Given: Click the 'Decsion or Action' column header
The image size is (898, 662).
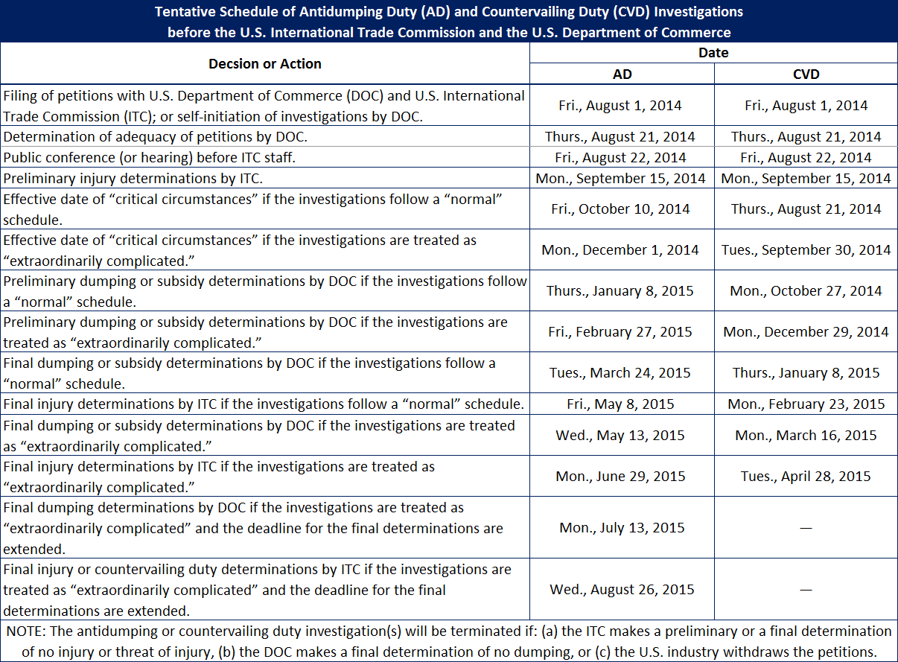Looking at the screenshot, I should (x=265, y=64).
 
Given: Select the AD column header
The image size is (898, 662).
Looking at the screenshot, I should (x=622, y=74).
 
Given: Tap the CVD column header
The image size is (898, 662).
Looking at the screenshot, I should (x=806, y=74).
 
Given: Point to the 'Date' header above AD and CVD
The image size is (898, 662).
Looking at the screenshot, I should (x=713, y=53).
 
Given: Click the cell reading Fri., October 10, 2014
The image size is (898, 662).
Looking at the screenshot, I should (x=620, y=209).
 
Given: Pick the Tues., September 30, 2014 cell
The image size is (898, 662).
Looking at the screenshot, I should (x=806, y=250).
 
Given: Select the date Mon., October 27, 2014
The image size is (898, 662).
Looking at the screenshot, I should (x=806, y=291).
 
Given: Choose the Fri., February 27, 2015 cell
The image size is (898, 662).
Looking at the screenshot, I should (x=620, y=332).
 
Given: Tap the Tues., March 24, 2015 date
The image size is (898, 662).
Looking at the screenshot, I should (x=620, y=373).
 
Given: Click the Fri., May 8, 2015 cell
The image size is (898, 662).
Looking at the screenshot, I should (x=620, y=404).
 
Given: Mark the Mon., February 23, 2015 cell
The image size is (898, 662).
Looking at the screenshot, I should (x=806, y=404).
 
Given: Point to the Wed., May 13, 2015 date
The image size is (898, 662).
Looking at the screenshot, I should (x=620, y=436).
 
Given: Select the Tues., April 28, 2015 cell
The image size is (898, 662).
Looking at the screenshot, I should (x=806, y=477).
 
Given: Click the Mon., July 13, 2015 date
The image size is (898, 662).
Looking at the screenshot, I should (x=620, y=528).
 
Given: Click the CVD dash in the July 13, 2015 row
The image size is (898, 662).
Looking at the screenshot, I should (x=806, y=528).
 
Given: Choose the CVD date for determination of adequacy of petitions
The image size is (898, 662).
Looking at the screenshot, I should (x=806, y=137).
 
